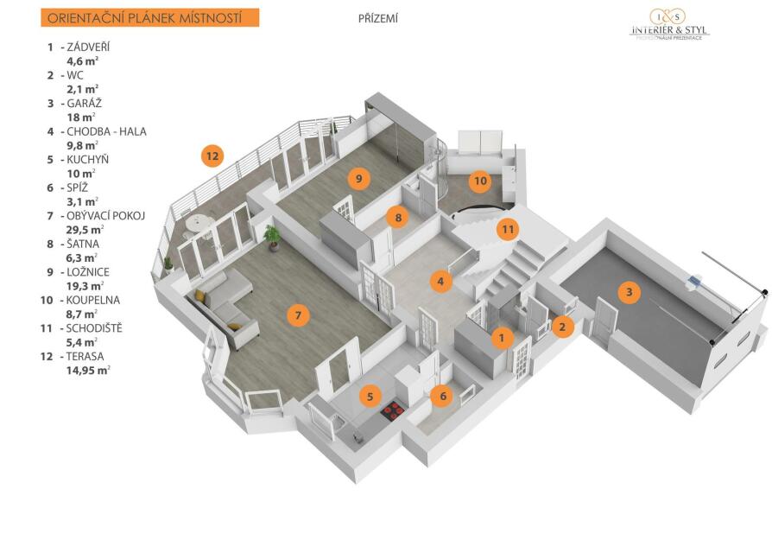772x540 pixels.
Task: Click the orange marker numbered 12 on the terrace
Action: tap(212, 156)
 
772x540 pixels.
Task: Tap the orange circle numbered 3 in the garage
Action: tap(629, 292)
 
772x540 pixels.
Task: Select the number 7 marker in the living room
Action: tap(298, 314)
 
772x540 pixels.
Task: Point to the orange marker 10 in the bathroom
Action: tap(480, 181)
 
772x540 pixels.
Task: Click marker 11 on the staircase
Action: tap(508, 229)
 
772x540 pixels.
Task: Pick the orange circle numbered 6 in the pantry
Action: tap(443, 396)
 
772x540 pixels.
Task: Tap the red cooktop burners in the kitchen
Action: tap(393, 411)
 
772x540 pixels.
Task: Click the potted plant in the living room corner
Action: tap(272, 238)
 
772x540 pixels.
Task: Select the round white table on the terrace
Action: tap(198, 225)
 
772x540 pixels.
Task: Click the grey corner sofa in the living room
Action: tap(224, 308)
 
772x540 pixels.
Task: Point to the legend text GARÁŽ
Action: tap(84, 104)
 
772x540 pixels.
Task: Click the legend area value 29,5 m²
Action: tap(85, 230)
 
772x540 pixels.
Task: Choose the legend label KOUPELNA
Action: tap(93, 300)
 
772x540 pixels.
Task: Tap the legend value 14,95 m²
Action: tap(88, 371)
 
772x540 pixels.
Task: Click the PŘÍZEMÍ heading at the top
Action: tap(378, 19)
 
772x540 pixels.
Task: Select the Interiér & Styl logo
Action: tap(671, 23)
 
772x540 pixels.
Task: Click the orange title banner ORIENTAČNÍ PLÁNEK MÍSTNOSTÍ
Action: tap(149, 18)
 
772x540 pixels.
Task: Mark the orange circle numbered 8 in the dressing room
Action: tap(398, 217)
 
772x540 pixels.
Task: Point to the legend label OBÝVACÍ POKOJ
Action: tap(106, 216)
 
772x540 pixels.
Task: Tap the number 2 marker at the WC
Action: tap(562, 326)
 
